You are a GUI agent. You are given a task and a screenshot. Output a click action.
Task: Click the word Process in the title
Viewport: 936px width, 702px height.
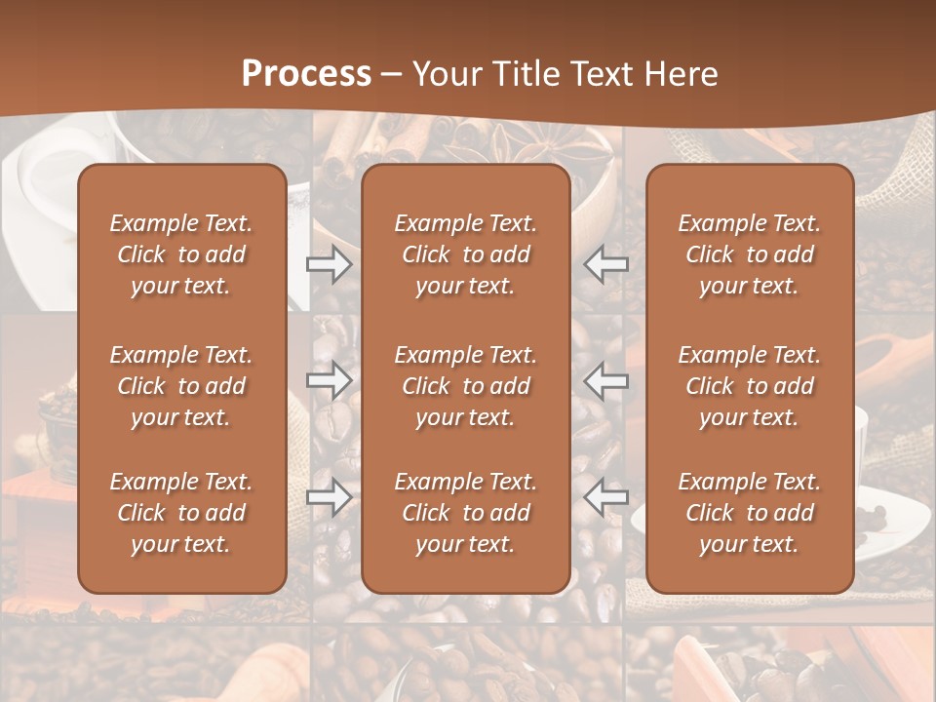pos(306,74)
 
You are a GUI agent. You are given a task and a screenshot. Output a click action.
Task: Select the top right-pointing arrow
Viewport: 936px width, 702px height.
pos(330,264)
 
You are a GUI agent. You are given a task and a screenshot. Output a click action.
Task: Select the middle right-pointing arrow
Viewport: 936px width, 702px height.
pos(330,380)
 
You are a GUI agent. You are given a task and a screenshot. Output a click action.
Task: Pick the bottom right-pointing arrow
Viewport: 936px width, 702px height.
pos(330,497)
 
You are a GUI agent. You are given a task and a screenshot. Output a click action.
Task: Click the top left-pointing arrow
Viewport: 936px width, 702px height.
pos(605,264)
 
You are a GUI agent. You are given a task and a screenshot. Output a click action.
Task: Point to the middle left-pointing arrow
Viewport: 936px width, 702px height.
pos(605,380)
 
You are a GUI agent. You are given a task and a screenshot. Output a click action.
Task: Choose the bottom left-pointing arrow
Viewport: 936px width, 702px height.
pos(605,497)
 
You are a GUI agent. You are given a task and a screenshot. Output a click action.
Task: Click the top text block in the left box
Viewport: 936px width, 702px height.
pos(181,254)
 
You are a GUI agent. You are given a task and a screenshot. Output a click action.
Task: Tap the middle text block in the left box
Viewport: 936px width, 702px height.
pos(181,386)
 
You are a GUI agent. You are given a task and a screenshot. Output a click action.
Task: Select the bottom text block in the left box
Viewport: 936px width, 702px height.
pos(181,513)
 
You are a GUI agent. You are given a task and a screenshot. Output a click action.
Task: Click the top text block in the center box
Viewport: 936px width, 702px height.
pos(465,254)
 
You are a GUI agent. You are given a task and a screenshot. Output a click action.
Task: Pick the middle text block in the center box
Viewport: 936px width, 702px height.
pos(465,386)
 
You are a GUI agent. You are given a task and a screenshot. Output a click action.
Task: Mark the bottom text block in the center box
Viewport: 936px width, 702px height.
pos(465,513)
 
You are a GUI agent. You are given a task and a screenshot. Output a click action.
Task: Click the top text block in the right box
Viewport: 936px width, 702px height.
pos(749,254)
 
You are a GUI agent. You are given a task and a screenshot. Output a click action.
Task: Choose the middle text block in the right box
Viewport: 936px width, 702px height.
pos(749,386)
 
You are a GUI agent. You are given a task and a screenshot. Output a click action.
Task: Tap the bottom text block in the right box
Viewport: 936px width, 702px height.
pos(749,513)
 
